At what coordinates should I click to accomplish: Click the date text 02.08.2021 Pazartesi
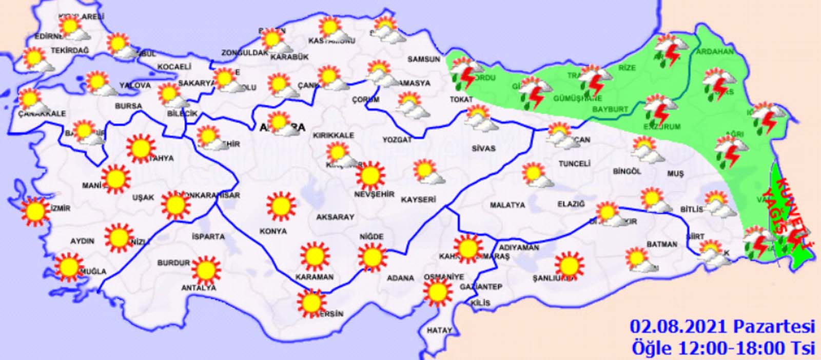(722, 326)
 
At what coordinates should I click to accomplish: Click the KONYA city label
(273, 231)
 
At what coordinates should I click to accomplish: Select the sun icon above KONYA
(281, 206)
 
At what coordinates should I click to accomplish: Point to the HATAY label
(439, 331)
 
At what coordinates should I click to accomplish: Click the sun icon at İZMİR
(35, 211)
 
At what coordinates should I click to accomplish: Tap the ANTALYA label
(199, 288)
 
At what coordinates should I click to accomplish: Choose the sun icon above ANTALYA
(206, 270)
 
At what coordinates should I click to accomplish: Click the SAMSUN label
(423, 59)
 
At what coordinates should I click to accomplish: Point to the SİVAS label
(483, 148)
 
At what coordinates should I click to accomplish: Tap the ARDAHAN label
(714, 52)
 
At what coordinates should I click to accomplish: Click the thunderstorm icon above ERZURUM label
(659, 108)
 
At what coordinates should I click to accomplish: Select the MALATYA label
(507, 205)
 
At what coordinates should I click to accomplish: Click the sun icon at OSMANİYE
(438, 292)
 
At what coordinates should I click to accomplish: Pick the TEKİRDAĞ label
(70, 51)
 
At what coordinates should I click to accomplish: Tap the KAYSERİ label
(418, 199)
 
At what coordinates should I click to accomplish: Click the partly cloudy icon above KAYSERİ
(427, 172)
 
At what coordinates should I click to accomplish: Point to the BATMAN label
(661, 245)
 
